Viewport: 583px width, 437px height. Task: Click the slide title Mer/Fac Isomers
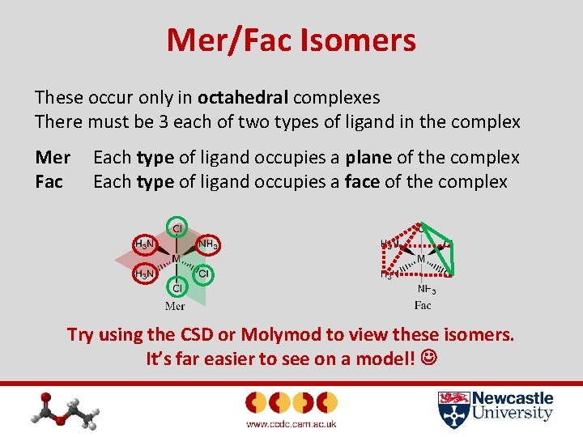pyautogui.click(x=291, y=40)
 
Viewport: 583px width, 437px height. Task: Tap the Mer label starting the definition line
pyautogui.click(x=53, y=158)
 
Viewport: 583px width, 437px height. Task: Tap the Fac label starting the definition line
pyautogui.click(x=49, y=181)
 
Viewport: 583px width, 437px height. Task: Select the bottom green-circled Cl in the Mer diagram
pyautogui.click(x=176, y=287)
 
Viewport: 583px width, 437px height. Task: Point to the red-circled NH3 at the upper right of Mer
pyautogui.click(x=208, y=244)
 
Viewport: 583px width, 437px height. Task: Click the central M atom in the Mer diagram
pyautogui.click(x=176, y=259)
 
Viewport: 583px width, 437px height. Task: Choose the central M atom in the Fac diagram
pyautogui.click(x=421, y=259)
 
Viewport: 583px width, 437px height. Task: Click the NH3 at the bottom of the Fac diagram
pyautogui.click(x=427, y=289)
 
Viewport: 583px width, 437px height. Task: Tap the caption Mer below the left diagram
pyautogui.click(x=175, y=306)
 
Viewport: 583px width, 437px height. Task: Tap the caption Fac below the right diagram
pyautogui.click(x=423, y=305)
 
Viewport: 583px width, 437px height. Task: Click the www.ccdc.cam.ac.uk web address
pyautogui.click(x=291, y=423)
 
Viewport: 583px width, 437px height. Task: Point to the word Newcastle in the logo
pyautogui.click(x=512, y=398)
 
